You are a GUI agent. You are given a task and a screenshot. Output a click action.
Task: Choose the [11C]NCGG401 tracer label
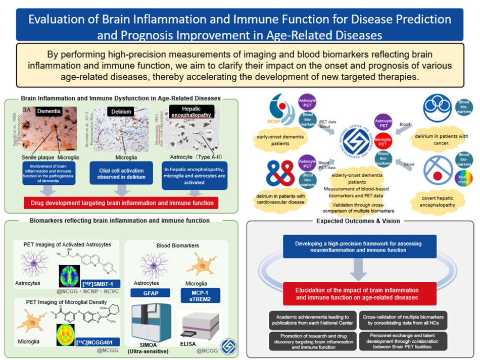click(98, 342)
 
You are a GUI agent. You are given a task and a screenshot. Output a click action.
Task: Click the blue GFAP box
click(148, 293)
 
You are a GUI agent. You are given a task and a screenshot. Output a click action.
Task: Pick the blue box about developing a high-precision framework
click(359, 247)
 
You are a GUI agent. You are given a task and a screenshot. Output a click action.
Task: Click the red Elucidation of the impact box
click(359, 294)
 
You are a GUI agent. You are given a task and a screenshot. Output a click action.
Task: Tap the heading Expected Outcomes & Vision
click(358, 221)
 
